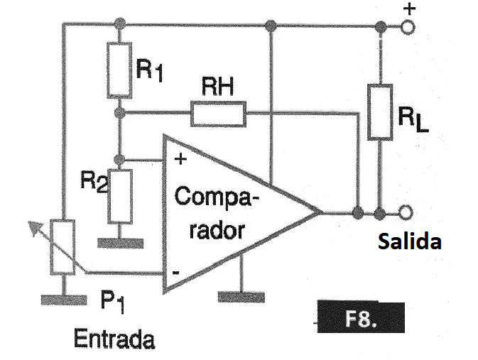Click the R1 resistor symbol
tap(120, 70)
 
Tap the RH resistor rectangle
tap(217, 113)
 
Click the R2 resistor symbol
tap(120, 195)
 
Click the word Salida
tap(409, 241)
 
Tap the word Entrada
tap(114, 339)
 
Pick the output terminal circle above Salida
tap(407, 213)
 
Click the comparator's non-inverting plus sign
tap(180, 159)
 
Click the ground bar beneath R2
tap(120, 243)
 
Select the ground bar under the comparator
tap(241, 295)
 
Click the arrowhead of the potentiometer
tap(32, 226)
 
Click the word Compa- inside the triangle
tap(217, 197)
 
